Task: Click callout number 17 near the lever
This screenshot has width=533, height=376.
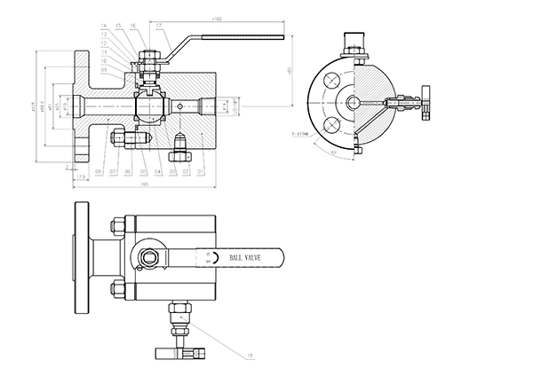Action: tap(160, 26)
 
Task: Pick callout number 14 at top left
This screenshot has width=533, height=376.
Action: tap(104, 26)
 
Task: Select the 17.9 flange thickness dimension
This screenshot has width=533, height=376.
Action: tap(81, 177)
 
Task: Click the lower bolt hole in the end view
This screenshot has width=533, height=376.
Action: tap(330, 123)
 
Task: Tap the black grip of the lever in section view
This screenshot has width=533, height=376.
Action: tap(244, 37)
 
